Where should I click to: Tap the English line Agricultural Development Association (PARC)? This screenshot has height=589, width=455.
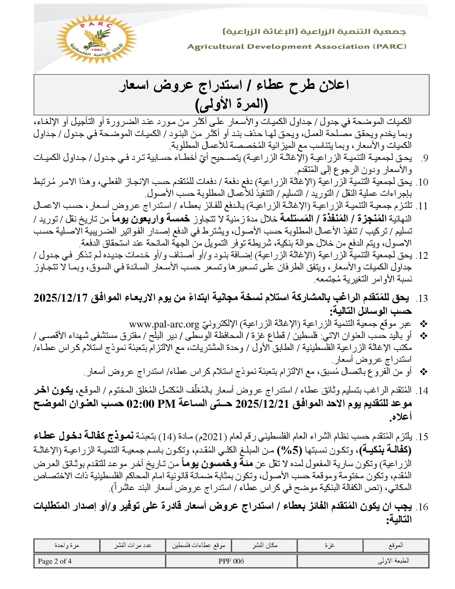(297, 47)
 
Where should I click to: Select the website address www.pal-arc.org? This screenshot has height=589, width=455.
(164, 324)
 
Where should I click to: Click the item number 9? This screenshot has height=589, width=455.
(424, 158)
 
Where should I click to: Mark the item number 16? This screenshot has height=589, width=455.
(423, 507)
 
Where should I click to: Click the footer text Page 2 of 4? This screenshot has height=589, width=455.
(55, 561)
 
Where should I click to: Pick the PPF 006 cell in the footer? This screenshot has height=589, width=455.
(231, 561)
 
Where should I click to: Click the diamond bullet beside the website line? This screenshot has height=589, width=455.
(424, 324)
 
